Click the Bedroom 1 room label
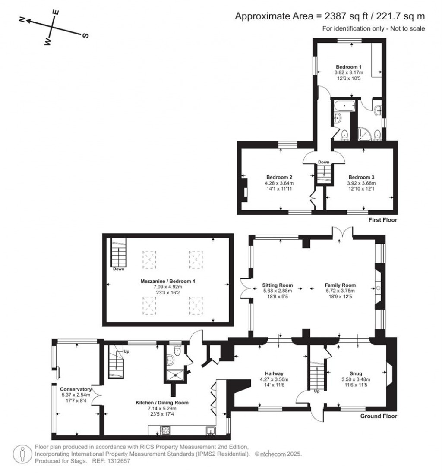[348, 67]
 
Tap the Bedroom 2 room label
[279, 177]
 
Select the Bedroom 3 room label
[361, 177]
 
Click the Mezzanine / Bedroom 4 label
[168, 281]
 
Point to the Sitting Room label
[278, 285]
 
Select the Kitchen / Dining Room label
[162, 402]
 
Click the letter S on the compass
[85, 36]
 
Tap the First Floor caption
[382, 220]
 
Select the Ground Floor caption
[379, 416]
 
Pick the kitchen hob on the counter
[166, 430]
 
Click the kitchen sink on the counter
[210, 430]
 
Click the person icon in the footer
[22, 454]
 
